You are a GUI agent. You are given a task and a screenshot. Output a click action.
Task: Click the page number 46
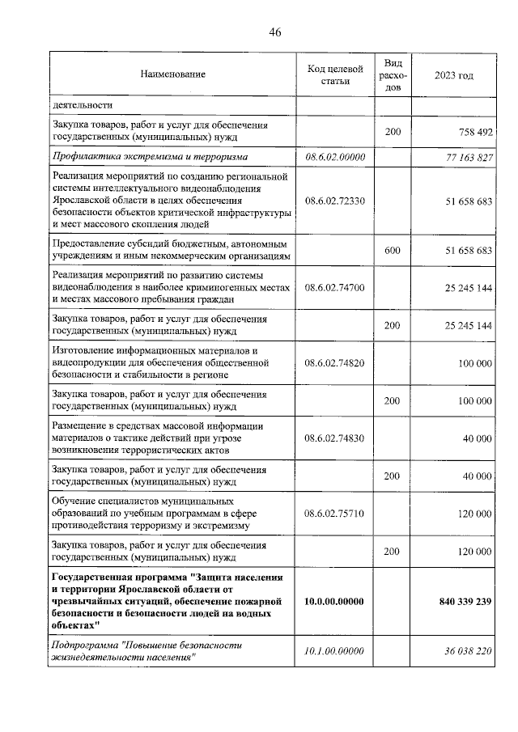(274, 32)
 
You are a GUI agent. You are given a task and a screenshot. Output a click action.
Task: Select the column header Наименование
(172, 74)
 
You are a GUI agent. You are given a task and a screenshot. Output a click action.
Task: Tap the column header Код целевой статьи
(335, 74)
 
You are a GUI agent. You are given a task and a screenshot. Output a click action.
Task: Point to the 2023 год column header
(453, 74)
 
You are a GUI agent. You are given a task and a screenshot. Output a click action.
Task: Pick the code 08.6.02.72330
(335, 201)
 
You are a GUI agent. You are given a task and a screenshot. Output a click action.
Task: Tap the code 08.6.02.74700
(335, 287)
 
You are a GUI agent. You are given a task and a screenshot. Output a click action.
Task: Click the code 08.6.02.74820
(335, 363)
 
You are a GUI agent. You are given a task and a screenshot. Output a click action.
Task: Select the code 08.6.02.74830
(335, 438)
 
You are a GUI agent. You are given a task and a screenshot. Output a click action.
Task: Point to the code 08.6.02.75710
(335, 514)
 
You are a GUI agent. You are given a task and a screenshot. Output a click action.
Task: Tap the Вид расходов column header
(393, 74)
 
